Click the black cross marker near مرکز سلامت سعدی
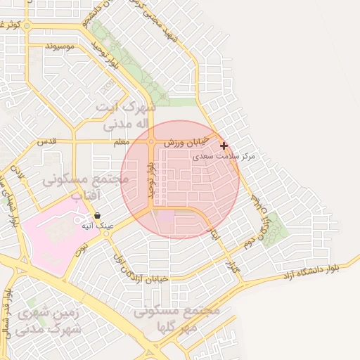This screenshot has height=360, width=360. [224, 146]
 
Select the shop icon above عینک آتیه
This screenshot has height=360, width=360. [97, 215]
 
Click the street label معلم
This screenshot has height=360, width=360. [122, 142]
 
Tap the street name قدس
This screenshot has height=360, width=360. [46, 141]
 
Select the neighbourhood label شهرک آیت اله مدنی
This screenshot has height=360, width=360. [127, 116]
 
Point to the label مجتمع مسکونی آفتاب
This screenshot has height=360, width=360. [86, 186]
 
